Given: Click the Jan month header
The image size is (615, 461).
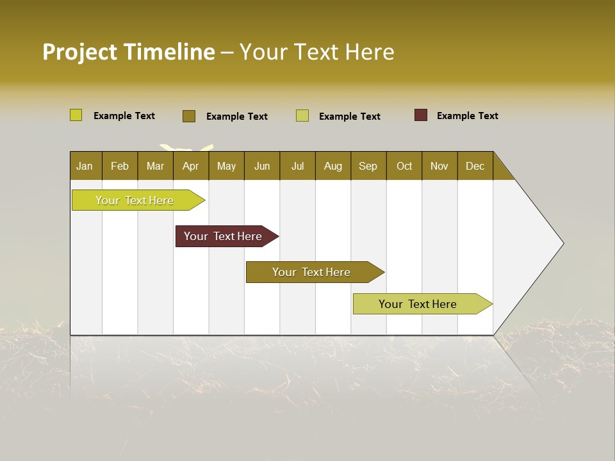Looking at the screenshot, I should (85, 166).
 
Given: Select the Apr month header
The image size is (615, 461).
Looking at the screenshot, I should (191, 166).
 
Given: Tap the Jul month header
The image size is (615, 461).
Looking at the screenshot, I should (298, 166).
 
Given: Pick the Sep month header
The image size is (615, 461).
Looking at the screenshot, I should (368, 166).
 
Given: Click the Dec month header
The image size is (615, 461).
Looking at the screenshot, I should (475, 166).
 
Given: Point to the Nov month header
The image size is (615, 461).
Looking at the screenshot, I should (439, 166).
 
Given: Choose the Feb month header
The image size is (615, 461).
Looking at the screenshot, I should (120, 166).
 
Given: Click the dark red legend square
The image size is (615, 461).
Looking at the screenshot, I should (421, 115).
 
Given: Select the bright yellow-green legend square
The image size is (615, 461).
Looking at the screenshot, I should (76, 115).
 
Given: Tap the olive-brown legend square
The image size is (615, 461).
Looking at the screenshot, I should (189, 116).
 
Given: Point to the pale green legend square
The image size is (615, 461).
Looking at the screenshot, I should (302, 116).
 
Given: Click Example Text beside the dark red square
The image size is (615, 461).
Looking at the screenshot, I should (467, 116).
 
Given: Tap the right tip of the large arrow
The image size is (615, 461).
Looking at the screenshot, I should (562, 243).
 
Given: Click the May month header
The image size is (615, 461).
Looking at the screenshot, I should (226, 166).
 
